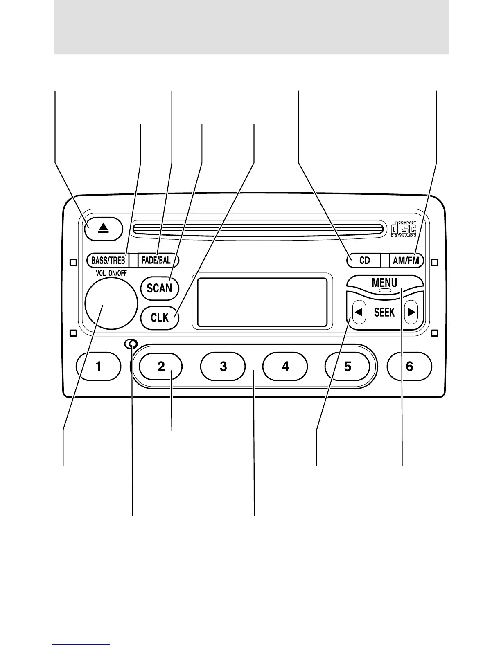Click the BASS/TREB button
108,260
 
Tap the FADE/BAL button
156,260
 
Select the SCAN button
159,288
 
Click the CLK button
159,317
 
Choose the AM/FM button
406,261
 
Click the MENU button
384,283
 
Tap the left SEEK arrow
359,313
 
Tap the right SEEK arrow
411,313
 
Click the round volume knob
111,303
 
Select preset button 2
161,366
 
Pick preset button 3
223,366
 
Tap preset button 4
285,366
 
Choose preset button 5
348,366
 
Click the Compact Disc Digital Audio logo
403,229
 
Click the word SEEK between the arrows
384,313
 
